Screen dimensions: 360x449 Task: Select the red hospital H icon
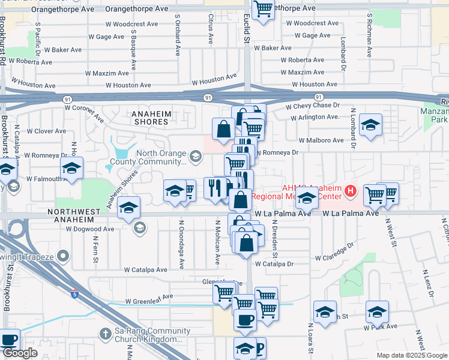pyautogui.click(x=351, y=193)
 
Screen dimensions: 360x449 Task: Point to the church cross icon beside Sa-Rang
pyautogui.click(x=104, y=333)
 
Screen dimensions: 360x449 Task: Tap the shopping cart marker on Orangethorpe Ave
pyautogui.click(x=263, y=10)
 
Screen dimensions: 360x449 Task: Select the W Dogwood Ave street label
pyautogui.click(x=89, y=229)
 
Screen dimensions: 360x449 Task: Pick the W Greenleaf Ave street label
pyautogui.click(x=149, y=296)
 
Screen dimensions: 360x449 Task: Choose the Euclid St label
pyautogui.click(x=246, y=30)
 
